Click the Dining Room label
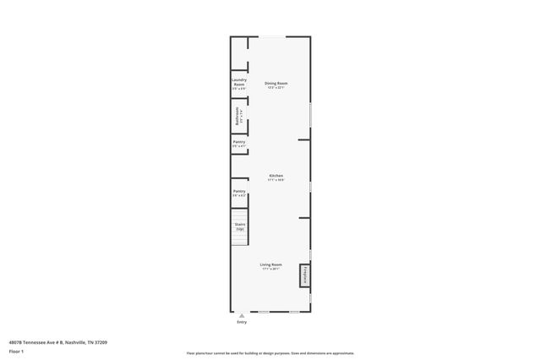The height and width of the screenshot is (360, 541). tap(276, 82)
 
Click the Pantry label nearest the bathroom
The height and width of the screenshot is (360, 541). tap(239, 142)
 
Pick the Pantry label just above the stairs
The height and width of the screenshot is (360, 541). tap(239, 191)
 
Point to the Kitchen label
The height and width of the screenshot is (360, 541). tap(276, 176)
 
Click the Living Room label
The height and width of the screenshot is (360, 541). tap(271, 265)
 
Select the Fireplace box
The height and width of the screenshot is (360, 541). tap(303, 276)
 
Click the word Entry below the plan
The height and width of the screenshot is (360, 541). tap(243, 322)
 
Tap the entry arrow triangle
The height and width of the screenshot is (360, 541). tap(243, 315)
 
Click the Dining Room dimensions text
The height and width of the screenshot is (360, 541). tap(276, 87)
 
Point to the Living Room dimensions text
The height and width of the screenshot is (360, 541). tap(271, 270)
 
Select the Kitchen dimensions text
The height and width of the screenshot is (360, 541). tap(276, 180)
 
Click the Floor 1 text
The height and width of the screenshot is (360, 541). tap(16, 350)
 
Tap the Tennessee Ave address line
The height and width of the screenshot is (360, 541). tap(58, 341)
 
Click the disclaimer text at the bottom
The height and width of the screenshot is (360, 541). tap(270, 352)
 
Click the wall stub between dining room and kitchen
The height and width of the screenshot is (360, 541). tap(304, 139)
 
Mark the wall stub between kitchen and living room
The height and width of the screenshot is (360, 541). tap(304, 217)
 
